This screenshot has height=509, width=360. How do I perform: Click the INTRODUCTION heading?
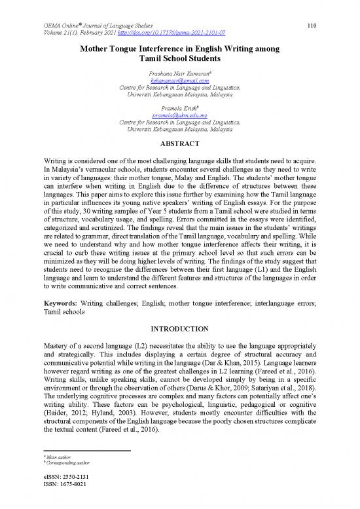tap(179, 328)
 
